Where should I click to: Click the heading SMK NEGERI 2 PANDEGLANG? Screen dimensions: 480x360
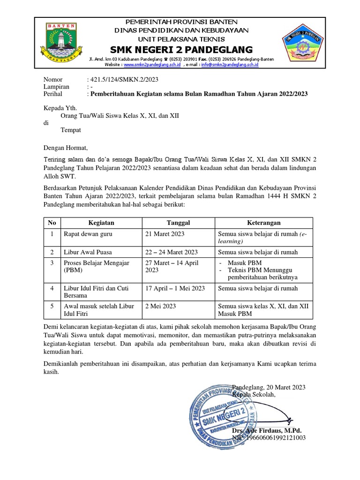tap(181, 50)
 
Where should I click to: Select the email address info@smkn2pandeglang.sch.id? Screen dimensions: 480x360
tap(229, 65)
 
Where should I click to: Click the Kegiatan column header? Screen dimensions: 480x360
tap(101, 223)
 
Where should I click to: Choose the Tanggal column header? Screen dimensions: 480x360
tap(178, 223)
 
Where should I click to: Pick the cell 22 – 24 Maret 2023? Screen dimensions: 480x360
tap(172, 252)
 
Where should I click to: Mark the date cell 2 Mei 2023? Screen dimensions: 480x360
tap(161, 306)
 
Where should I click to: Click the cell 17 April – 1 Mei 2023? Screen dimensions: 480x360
tap(175, 288)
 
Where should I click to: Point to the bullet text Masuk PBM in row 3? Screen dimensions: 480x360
tap(243, 263)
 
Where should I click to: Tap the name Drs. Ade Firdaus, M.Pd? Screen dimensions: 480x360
tap(267, 430)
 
